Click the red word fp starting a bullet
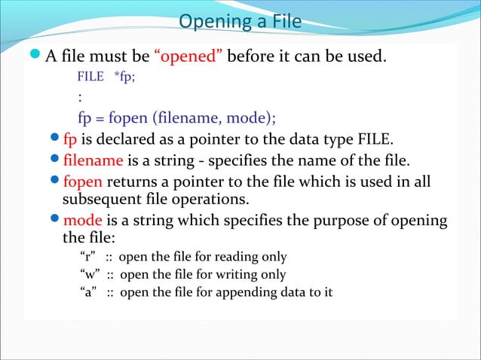71,140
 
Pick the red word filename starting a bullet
93,160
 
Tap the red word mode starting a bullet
81,221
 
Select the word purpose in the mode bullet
331,221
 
